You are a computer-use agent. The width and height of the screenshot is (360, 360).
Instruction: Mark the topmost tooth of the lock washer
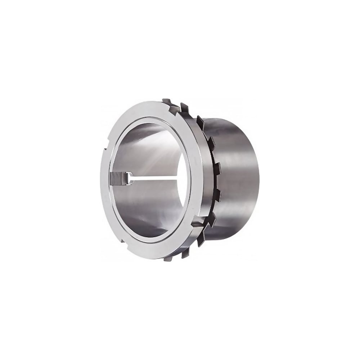click(184, 107)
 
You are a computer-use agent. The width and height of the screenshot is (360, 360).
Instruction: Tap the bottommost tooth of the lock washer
click(184, 253)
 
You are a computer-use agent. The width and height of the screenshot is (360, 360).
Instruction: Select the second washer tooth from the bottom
click(201, 238)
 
